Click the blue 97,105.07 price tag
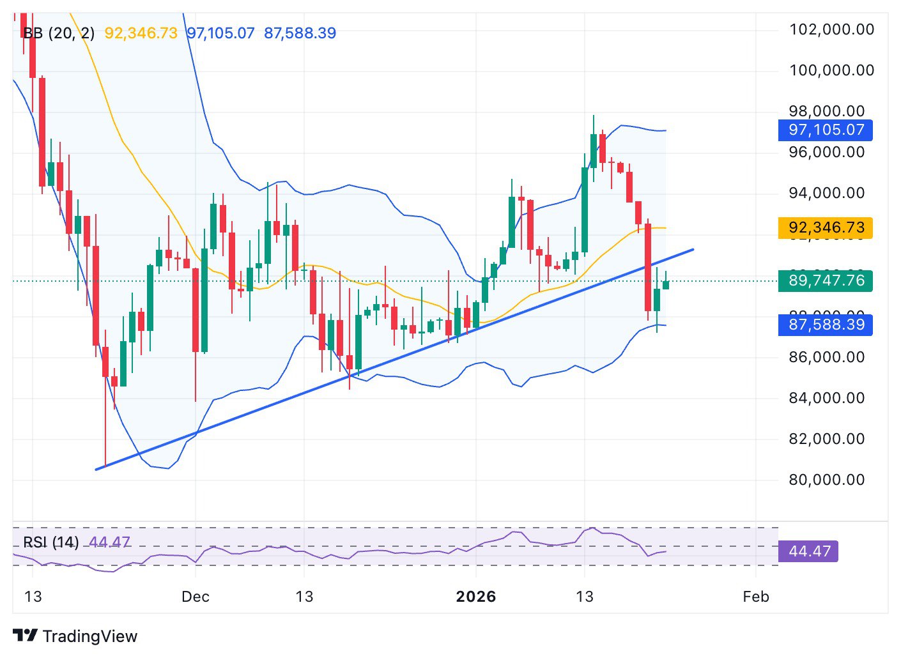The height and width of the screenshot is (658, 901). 826,130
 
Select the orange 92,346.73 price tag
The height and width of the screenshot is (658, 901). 826,228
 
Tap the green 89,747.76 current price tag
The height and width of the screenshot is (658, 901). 826,281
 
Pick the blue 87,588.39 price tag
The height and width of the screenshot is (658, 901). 826,325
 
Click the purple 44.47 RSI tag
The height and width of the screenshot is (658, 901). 808,551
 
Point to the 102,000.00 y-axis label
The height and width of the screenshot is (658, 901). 831,29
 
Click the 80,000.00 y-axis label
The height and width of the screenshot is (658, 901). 826,480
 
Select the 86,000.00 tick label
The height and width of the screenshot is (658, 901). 826,357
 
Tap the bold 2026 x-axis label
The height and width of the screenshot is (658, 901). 475,597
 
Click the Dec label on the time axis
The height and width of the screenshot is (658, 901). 195,597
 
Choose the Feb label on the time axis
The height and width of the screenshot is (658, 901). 755,597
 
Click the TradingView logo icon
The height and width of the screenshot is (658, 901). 26,636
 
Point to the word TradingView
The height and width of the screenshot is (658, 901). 90,636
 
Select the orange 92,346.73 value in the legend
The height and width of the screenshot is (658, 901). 141,33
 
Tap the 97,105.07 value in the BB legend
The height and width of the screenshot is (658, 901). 220,33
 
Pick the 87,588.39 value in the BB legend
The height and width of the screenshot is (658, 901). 300,33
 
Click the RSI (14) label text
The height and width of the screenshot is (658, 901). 51,542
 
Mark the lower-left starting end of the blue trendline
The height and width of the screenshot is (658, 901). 96,470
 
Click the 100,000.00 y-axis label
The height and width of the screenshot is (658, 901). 831,70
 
